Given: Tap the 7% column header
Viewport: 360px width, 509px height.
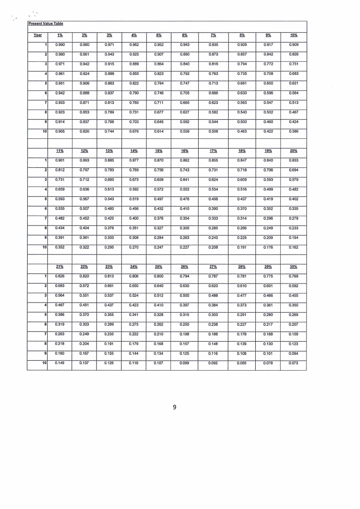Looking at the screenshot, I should (213, 34).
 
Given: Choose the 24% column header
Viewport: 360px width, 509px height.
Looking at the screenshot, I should (133, 266).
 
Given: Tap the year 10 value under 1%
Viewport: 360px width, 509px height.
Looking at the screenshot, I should (59, 132).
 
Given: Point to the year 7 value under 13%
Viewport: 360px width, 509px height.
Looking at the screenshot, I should (109, 219).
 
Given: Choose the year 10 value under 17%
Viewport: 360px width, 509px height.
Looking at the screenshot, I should (213, 248).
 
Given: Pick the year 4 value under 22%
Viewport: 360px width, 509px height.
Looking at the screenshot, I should (84, 305).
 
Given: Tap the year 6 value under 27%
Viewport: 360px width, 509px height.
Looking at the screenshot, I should (213, 325).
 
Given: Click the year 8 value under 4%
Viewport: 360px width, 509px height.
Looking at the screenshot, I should (133, 113).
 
